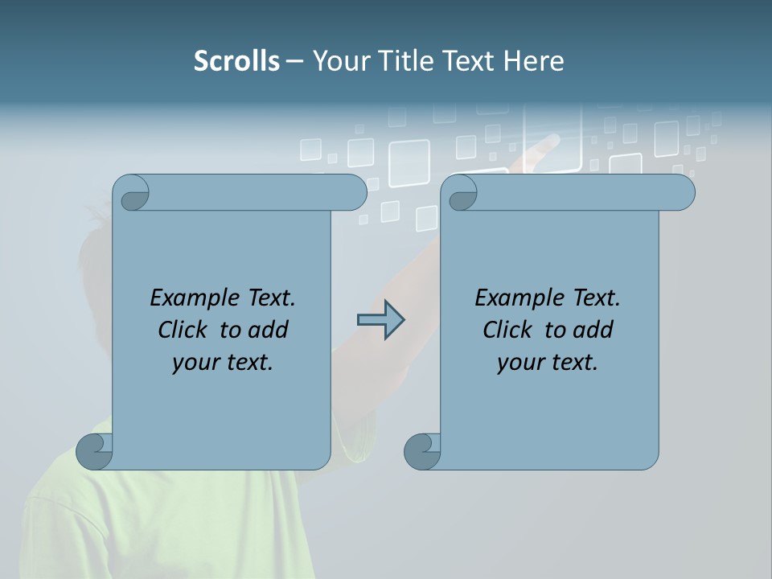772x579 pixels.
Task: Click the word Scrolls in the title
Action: click(x=237, y=61)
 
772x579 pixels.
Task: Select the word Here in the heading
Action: click(x=533, y=61)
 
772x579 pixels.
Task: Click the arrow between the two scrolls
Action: click(x=381, y=320)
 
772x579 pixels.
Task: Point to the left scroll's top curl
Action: click(x=131, y=193)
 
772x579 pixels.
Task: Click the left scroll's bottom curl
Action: click(x=95, y=451)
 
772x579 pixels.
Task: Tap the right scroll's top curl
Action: click(x=459, y=193)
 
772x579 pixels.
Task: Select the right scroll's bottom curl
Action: click(x=422, y=451)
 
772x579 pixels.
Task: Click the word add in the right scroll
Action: click(x=592, y=330)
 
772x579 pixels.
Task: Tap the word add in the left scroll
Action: click(x=267, y=330)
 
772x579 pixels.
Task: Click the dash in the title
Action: click(x=294, y=61)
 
